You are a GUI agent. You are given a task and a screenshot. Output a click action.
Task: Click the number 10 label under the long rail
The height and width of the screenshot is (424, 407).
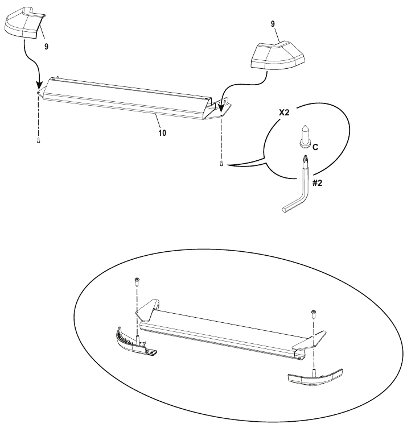point(162,133)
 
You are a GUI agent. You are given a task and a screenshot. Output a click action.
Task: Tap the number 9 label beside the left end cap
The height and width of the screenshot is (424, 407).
point(46,47)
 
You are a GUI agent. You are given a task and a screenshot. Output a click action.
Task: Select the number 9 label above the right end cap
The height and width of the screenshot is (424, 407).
point(273,24)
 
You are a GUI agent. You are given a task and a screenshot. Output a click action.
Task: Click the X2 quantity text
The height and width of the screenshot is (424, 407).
point(284,113)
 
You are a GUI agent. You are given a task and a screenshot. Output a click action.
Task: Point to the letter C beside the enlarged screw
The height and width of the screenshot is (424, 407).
point(315,147)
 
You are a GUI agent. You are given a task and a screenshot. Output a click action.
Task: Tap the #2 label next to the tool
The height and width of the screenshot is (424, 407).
point(318,183)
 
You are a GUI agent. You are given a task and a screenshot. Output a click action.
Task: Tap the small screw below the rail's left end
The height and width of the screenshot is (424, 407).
point(39,140)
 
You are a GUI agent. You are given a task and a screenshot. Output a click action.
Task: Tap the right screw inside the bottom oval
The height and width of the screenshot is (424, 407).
point(314,314)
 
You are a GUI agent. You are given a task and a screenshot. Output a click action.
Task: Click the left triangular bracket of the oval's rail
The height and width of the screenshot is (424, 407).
point(147,309)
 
